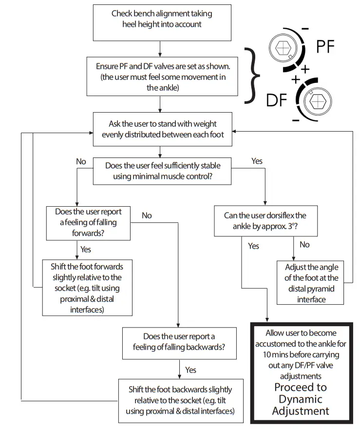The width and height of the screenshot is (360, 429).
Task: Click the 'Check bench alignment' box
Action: (162, 23)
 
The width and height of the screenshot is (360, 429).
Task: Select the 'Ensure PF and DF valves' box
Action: (162, 77)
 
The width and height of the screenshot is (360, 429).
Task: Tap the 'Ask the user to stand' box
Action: (163, 129)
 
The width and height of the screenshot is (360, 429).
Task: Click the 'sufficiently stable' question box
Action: (162, 171)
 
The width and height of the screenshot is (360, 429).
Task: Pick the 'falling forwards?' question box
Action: (88, 223)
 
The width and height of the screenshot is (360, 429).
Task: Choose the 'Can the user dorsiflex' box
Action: (265, 221)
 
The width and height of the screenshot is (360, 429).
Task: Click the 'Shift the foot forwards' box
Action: (87, 288)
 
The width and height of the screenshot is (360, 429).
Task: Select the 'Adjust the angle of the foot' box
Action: (310, 283)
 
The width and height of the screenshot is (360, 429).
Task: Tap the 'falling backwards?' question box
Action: (179, 343)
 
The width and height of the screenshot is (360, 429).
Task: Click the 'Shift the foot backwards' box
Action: (181, 401)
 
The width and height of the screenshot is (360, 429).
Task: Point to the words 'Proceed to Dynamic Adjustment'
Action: (301, 399)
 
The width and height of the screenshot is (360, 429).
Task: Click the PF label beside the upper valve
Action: (325, 46)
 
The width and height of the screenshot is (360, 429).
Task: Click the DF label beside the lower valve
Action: (277, 100)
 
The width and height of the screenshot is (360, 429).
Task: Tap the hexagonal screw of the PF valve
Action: (283, 48)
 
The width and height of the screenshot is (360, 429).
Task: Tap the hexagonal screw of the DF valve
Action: (318, 101)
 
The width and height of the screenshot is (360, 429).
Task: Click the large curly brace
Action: (251, 76)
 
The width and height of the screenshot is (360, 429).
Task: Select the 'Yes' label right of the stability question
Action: (257, 161)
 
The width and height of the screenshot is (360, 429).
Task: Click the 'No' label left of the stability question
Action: (81, 161)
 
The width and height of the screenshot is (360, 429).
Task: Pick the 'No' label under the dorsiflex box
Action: (304, 244)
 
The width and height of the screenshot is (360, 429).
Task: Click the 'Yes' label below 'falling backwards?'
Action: (190, 370)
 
